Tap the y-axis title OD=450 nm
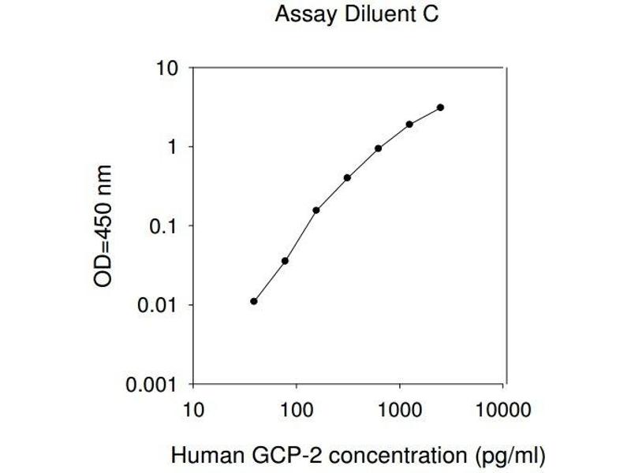tap(103, 226)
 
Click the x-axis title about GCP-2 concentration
tap(358, 455)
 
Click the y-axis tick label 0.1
tap(166, 226)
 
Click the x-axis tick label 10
tap(192, 411)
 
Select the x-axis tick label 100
tap(296, 411)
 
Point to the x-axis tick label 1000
tap(400, 411)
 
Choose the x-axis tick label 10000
tap(503, 411)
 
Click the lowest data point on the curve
tap(254, 301)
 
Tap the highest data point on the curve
tap(440, 107)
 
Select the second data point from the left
tap(285, 261)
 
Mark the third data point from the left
tap(316, 210)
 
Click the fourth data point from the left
tap(347, 177)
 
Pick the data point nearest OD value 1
tap(379, 148)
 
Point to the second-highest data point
tap(409, 124)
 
